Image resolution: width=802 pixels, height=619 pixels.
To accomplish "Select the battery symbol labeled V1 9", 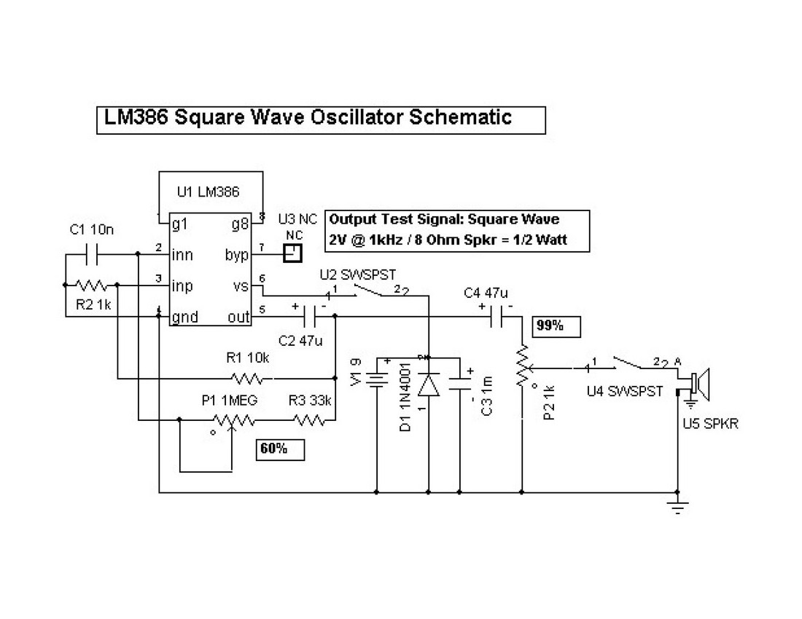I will point(377,379).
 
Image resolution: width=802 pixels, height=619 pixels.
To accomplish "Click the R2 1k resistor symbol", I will point(92,285).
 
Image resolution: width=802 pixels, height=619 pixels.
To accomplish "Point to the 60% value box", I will point(280,449).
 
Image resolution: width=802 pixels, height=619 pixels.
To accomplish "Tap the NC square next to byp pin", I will point(292,253).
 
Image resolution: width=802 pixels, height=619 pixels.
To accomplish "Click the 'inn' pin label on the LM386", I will point(183,255).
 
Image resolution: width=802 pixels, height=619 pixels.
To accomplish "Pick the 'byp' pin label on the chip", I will point(238,255).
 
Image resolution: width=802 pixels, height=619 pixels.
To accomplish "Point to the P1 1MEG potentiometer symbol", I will point(233,420).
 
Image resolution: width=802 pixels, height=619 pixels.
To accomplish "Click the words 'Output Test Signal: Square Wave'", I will point(444,218).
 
